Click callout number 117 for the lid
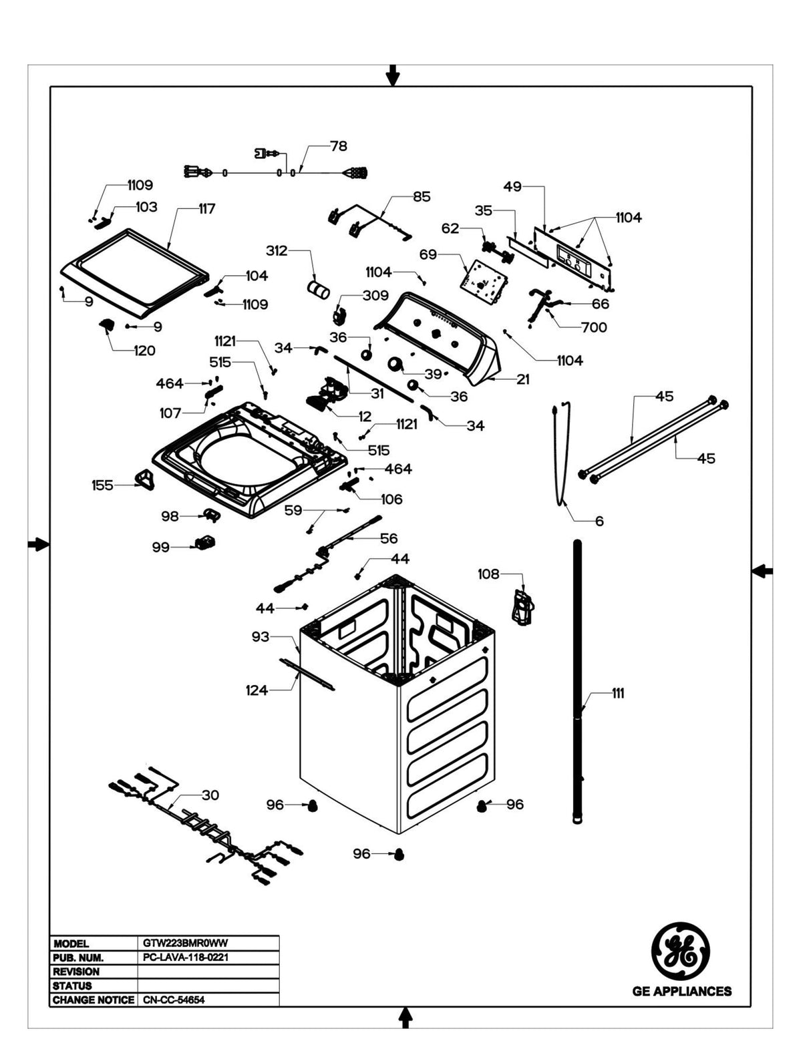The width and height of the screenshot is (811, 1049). pos(206,209)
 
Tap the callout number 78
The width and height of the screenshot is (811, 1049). pos(339,146)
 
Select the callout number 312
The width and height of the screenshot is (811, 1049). pos(277,250)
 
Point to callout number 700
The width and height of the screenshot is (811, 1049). pos(593,327)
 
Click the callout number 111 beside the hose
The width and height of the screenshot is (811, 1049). pos(618,694)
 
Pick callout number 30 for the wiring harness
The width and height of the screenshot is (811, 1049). pos(210,795)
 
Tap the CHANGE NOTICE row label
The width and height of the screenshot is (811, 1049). pos(93,1000)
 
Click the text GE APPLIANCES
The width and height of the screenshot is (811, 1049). pos(681,992)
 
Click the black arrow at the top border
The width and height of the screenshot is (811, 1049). pos(393,75)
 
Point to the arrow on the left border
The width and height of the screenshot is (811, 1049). pos(38,545)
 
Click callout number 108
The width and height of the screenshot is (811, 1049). pos(488,574)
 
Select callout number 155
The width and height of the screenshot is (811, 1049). pos(102,485)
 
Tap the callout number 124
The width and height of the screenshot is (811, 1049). pos(257,690)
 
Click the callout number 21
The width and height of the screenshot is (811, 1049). pos(522,379)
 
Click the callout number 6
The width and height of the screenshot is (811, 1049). pos(599,521)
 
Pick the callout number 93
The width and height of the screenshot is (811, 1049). pos(260,637)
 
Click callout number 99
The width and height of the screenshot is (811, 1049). pos(160,548)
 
